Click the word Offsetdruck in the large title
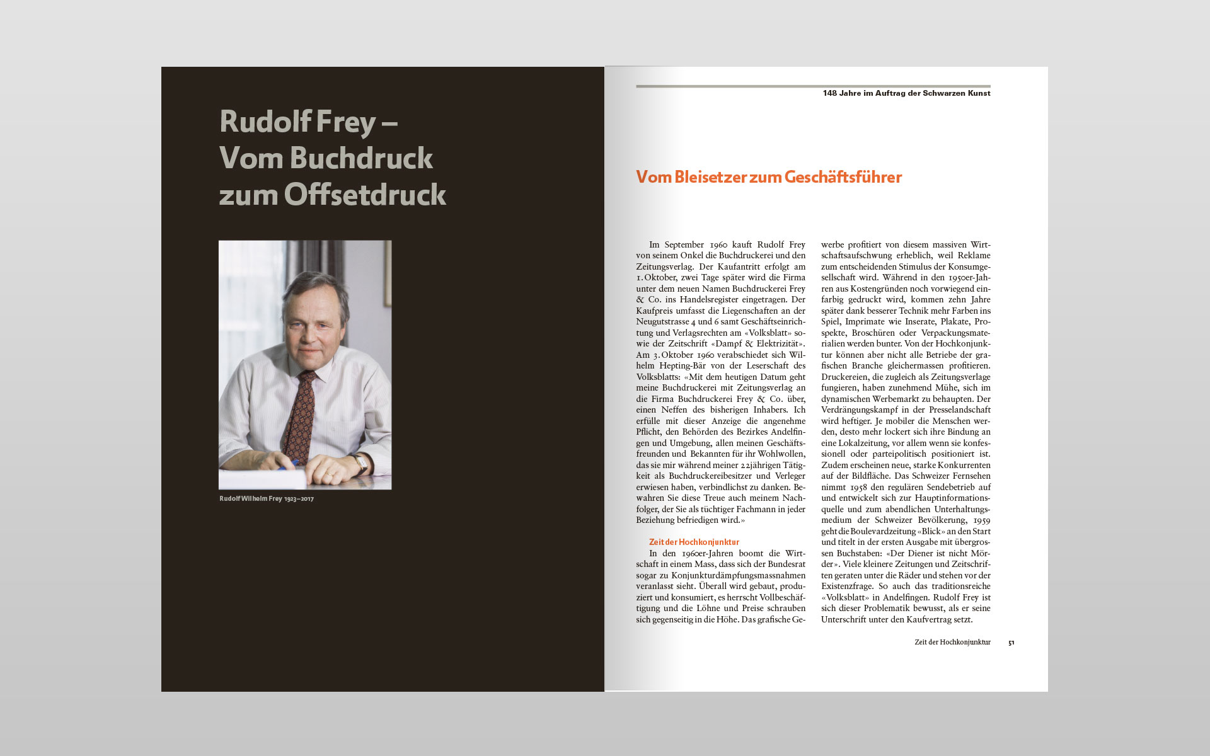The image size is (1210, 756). pyautogui.click(x=365, y=195)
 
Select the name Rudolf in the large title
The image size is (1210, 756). pyautogui.click(x=255, y=122)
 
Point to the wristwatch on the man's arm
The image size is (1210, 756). pyautogui.click(x=361, y=464)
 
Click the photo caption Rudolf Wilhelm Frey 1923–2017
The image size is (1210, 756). pyautogui.click(x=266, y=499)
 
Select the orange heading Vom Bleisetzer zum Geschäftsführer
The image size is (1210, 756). pyautogui.click(x=768, y=177)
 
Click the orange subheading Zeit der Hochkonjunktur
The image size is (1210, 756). pyautogui.click(x=694, y=542)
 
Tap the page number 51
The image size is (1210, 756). pyautogui.click(x=1011, y=643)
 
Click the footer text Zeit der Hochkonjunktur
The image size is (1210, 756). pyautogui.click(x=952, y=643)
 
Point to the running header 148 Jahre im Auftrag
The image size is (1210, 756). pyautogui.click(x=906, y=93)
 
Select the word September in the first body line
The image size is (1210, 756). pyautogui.click(x=684, y=244)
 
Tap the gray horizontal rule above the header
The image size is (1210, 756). pyautogui.click(x=813, y=86)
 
